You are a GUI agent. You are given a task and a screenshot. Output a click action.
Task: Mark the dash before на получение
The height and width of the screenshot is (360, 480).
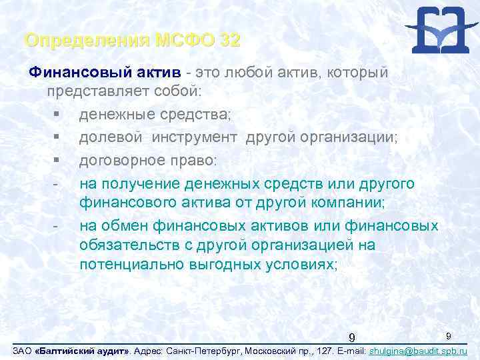point(56,183)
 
